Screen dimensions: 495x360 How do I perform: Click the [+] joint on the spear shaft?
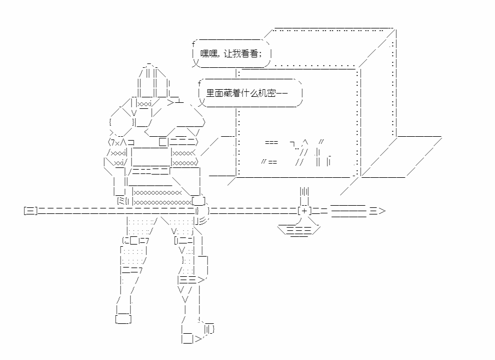coord(304,211)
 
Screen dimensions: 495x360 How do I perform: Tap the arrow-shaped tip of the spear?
coord(377,211)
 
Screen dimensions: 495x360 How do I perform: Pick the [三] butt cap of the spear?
coord(31,211)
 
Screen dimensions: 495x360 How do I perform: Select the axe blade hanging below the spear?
coord(299,230)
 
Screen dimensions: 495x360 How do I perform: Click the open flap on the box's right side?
coord(401,157)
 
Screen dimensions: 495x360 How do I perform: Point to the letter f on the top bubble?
coord(194,44)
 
